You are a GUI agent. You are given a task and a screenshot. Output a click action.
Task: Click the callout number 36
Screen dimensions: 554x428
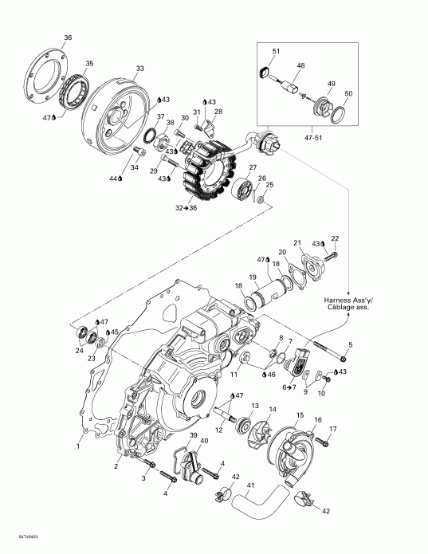67,37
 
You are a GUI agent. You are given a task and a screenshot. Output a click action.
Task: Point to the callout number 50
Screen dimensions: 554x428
348,94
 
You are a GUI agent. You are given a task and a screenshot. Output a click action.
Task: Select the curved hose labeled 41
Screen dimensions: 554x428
260,502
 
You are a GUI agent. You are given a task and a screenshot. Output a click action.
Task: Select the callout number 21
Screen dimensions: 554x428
297,242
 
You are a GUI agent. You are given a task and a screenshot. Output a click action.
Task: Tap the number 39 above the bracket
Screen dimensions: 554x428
191,434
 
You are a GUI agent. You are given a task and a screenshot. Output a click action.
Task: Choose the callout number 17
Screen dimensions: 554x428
333,430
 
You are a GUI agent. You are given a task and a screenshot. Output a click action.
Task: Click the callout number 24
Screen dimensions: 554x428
79,350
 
